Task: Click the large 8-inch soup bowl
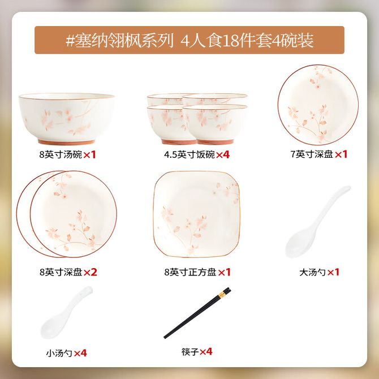(x=67, y=118)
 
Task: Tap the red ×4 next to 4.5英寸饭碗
(x=223, y=154)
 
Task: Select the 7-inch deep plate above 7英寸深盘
(x=318, y=105)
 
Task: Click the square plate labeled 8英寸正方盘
(x=196, y=214)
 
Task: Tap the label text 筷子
(x=190, y=352)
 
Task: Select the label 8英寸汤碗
(x=61, y=154)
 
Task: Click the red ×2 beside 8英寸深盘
(x=90, y=273)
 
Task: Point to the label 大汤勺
(x=312, y=273)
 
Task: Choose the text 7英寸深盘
(x=312, y=154)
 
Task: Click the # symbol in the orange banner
(x=70, y=40)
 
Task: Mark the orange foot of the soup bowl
(x=66, y=142)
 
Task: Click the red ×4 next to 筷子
(x=206, y=352)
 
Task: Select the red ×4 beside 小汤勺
(x=80, y=353)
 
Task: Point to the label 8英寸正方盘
(x=190, y=273)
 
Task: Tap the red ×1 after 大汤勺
(x=333, y=273)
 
